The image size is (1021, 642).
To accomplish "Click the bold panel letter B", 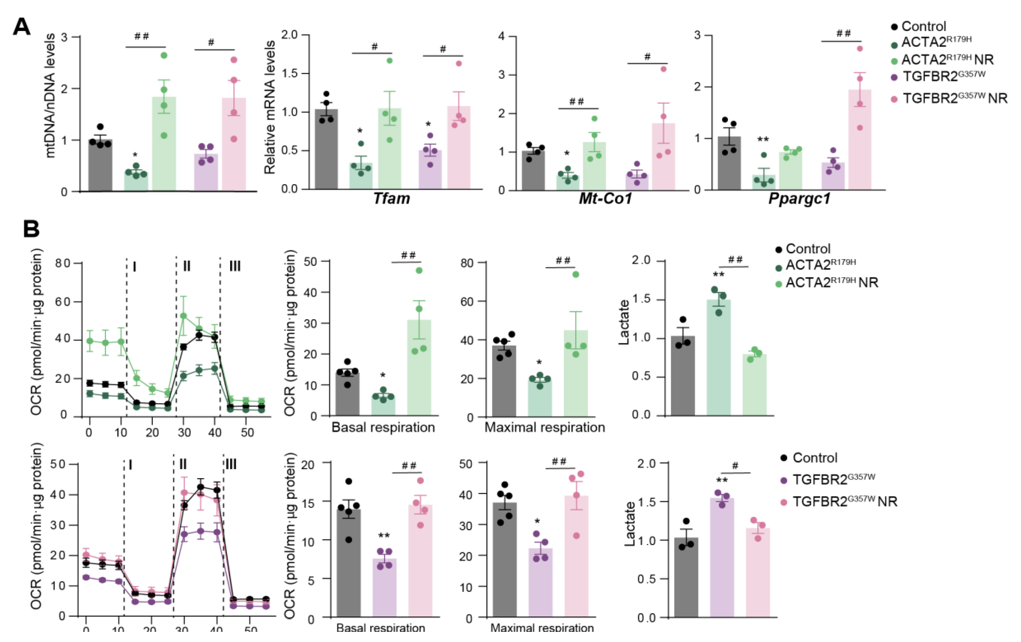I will tap(31, 229).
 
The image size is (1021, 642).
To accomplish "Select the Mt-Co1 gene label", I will tap(605, 199).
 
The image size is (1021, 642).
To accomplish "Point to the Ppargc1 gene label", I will tap(799, 199).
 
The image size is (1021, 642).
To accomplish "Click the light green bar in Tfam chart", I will tap(389, 148).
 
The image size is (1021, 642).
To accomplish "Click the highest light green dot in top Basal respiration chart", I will tap(419, 271).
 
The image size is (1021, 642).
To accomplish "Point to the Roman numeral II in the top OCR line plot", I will tap(187, 266).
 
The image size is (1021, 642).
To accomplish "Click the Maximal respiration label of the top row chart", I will tap(544, 427).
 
